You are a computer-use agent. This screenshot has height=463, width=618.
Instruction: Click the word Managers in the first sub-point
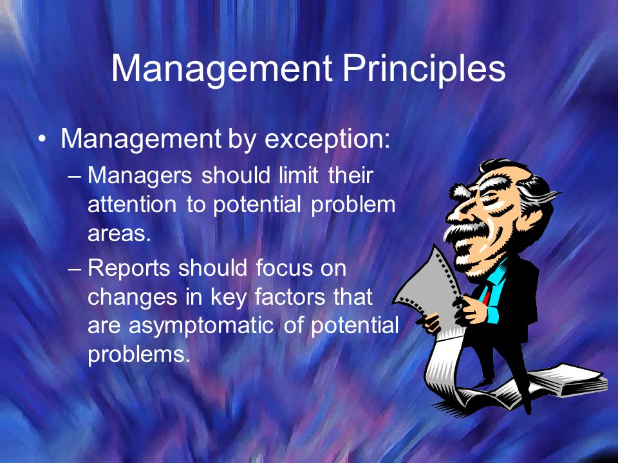coord(140,176)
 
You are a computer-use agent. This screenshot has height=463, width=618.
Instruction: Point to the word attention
coord(132,204)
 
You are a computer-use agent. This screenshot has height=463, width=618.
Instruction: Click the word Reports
coord(129,269)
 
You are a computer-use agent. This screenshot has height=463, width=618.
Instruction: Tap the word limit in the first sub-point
coord(298,175)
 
